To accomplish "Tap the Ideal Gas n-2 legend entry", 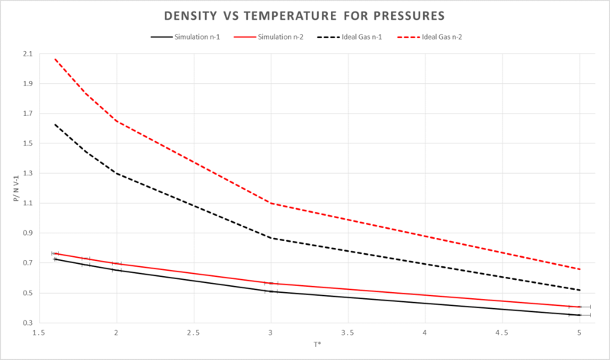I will [x=435, y=36].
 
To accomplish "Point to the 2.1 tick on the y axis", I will [x=28, y=53].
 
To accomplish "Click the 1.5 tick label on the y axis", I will [x=28, y=143].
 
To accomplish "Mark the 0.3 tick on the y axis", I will [x=28, y=323].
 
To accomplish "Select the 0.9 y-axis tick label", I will [x=28, y=233].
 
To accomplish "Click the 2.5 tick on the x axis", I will [x=194, y=333].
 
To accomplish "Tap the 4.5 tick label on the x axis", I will [x=502, y=333].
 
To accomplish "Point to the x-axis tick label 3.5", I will [x=348, y=333].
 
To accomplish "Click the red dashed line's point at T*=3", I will [x=271, y=203].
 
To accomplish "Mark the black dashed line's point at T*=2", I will [x=117, y=173].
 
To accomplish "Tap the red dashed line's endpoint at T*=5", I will [x=579, y=269].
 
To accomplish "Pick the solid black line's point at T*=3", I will [x=271, y=291].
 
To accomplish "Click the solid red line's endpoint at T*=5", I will [x=579, y=307].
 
